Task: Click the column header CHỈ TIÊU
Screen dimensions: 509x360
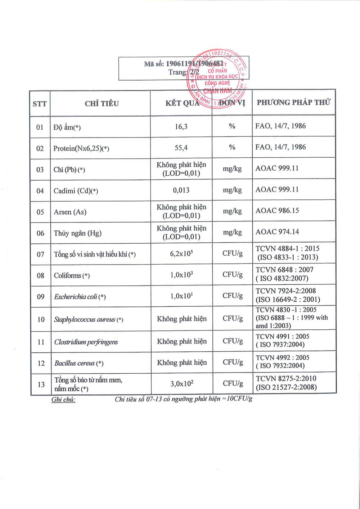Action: point(102,104)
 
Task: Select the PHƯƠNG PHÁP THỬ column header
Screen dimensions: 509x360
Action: point(293,102)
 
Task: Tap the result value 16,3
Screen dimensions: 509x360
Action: point(181,126)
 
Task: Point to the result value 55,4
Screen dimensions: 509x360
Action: point(181,148)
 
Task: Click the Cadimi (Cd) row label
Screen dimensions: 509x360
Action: point(76,191)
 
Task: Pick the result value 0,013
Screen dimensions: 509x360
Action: point(181,190)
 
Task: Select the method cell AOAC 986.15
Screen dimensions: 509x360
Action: point(277,211)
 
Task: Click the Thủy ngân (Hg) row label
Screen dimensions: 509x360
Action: point(77,233)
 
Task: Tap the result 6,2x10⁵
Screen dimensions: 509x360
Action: point(181,253)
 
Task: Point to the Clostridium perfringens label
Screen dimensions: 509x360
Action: point(86,342)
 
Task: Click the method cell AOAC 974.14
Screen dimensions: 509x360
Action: point(277,232)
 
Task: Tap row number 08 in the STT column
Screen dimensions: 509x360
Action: point(40,276)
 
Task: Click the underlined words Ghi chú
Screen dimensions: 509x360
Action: point(63,400)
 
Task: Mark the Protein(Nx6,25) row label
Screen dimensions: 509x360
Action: point(81,148)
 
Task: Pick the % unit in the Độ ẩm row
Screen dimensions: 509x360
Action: point(232,126)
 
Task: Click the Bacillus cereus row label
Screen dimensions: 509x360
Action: point(79,363)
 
